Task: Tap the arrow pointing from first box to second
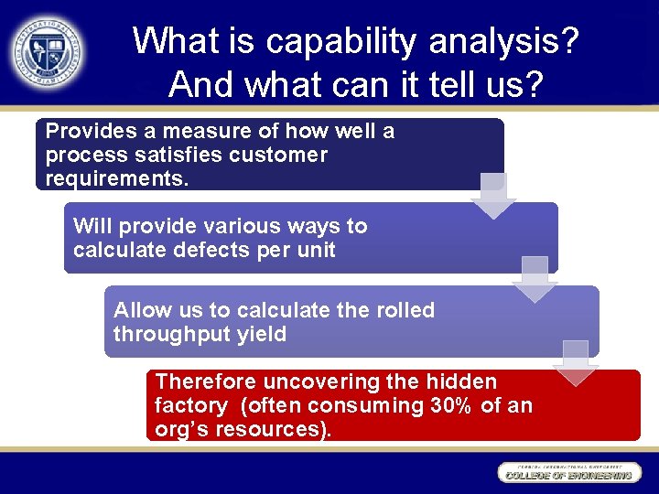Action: (x=493, y=196)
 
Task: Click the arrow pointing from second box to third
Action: (x=535, y=280)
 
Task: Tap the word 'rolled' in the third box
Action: (x=399, y=310)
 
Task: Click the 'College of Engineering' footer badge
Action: (x=567, y=473)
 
